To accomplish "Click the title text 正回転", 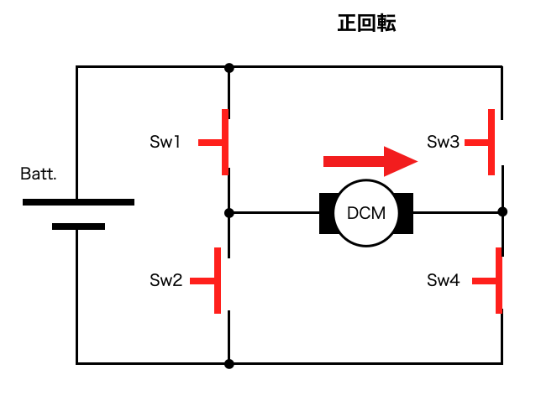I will tap(366, 23).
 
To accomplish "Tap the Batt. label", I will tap(39, 174).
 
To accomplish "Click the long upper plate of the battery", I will tap(78, 202).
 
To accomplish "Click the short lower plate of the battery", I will tap(78, 226).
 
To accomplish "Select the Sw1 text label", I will tap(165, 143).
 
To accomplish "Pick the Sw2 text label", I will tap(165, 280).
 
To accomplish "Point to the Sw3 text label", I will tap(443, 143).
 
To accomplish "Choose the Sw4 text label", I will tap(443, 280).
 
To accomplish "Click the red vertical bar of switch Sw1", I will tap(225, 142).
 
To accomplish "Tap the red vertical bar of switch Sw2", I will tap(218, 279).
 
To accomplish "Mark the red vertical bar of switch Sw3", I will tap(491, 142).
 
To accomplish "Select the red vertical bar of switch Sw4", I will tap(499, 280).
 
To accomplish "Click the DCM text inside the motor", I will tap(366, 213).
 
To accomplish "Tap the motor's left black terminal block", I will tap(326, 213).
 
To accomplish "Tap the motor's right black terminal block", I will tap(406, 213).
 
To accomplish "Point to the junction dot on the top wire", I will tap(228, 66).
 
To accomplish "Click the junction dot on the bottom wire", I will tap(228, 363).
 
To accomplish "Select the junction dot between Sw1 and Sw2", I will tap(228, 213).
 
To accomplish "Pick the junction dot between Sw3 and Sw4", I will tap(502, 212).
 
